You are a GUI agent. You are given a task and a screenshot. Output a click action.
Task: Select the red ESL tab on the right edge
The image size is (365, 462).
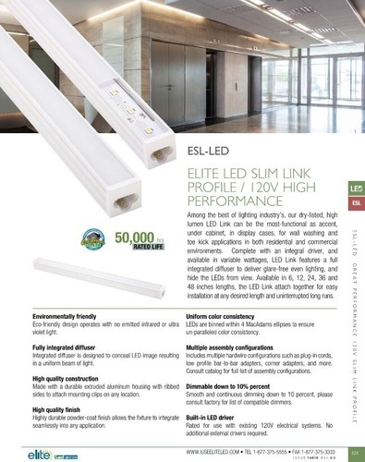(x=356, y=201)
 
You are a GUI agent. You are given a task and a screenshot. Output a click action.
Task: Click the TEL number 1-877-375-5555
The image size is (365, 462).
(x=262, y=451)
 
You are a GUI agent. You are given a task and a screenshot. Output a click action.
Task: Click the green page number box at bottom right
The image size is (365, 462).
(x=355, y=451)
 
